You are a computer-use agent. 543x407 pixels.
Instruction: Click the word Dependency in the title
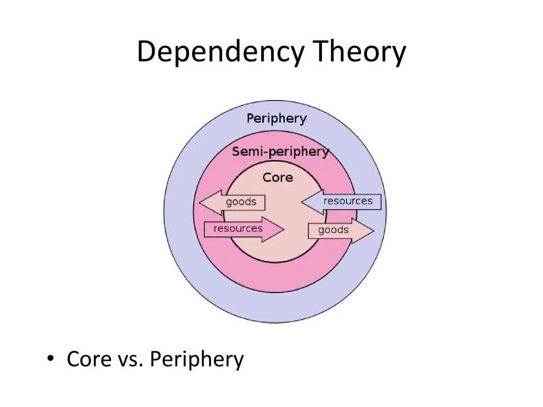click(221, 52)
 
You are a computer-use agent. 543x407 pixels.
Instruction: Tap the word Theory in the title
click(360, 52)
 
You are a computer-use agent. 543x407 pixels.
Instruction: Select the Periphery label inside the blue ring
click(276, 119)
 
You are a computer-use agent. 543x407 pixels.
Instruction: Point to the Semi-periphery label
click(280, 152)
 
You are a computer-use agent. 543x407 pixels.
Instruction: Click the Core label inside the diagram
click(277, 178)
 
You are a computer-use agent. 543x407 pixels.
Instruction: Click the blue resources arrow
click(341, 202)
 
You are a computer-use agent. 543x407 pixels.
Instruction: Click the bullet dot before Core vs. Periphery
click(50, 359)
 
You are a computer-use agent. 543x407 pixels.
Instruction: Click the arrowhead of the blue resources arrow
click(312, 202)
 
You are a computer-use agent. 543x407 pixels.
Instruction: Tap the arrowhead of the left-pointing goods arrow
click(209, 202)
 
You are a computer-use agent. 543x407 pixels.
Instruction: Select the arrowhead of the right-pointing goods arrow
click(363, 231)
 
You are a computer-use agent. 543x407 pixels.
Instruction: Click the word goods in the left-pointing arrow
click(241, 202)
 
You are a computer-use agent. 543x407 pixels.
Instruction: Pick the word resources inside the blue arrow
click(348, 201)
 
